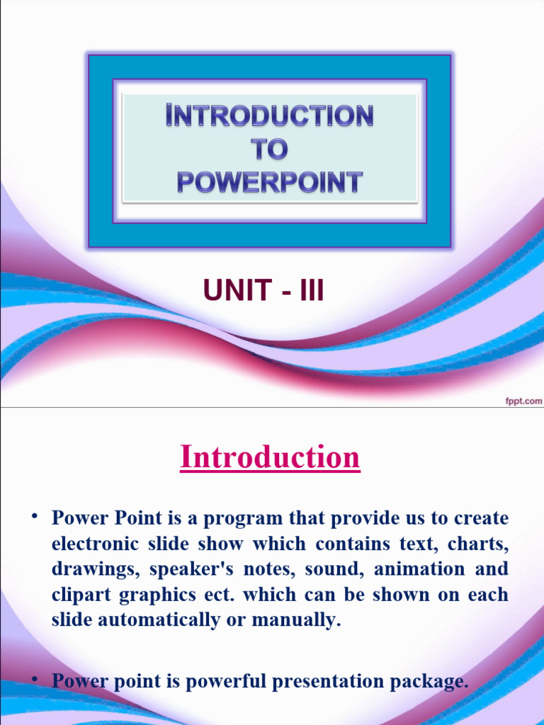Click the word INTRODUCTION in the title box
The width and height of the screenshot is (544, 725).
[270, 115]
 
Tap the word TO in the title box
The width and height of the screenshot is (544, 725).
[270, 149]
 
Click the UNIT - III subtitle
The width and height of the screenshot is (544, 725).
[263, 290]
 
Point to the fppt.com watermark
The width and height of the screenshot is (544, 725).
[523, 401]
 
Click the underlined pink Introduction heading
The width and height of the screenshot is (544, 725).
[270, 457]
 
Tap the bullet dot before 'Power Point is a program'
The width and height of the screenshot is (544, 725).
[33, 515]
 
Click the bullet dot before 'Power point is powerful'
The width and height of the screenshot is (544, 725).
[33, 679]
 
